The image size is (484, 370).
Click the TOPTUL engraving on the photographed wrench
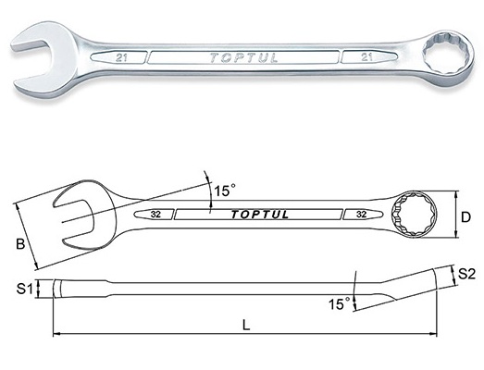(243, 57)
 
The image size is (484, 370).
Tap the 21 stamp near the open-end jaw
(121, 57)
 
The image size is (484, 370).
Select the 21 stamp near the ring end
(366, 57)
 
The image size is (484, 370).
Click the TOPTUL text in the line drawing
(260, 215)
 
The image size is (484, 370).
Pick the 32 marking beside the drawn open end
(155, 215)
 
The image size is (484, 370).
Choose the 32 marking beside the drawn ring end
(361, 215)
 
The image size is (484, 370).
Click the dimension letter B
(20, 244)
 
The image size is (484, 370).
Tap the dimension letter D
(465, 217)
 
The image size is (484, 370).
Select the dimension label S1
(24, 290)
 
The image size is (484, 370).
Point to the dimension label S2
(466, 274)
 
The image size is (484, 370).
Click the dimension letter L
(246, 325)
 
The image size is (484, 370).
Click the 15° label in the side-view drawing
(340, 304)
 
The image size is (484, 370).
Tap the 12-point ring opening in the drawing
(415, 215)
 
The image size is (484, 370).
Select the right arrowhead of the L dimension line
(434, 334)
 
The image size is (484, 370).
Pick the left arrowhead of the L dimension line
(56, 334)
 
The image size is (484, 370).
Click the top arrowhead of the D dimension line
(456, 194)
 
